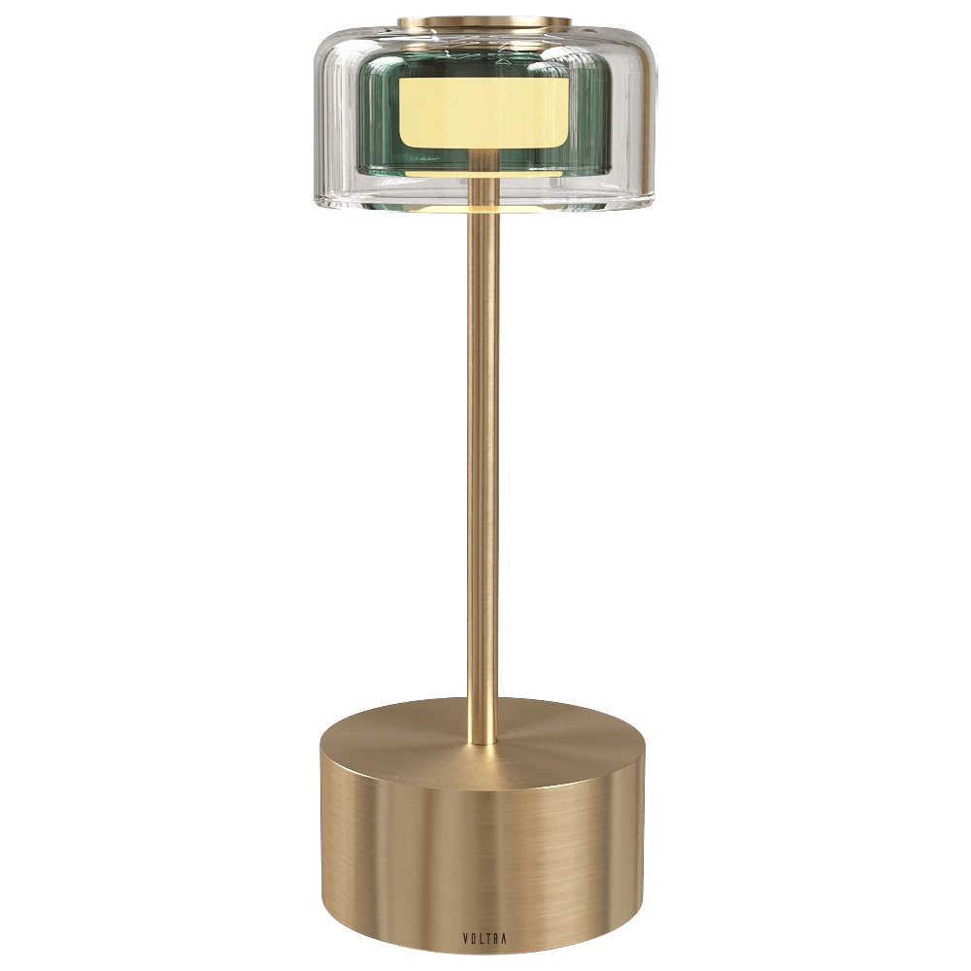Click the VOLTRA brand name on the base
(484, 939)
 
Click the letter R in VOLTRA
(495, 939)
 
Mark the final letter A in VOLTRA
(504, 939)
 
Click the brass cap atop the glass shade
(485, 21)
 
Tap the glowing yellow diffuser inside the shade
(484, 112)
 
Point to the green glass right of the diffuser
(587, 117)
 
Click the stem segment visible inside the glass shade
(484, 188)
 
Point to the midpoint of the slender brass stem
(484, 476)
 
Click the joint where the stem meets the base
(484, 742)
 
